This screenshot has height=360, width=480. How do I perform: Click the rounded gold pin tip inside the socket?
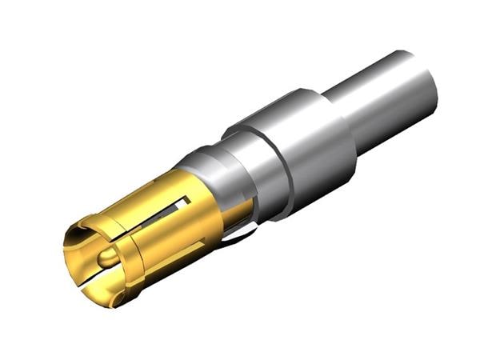pos(106,258)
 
